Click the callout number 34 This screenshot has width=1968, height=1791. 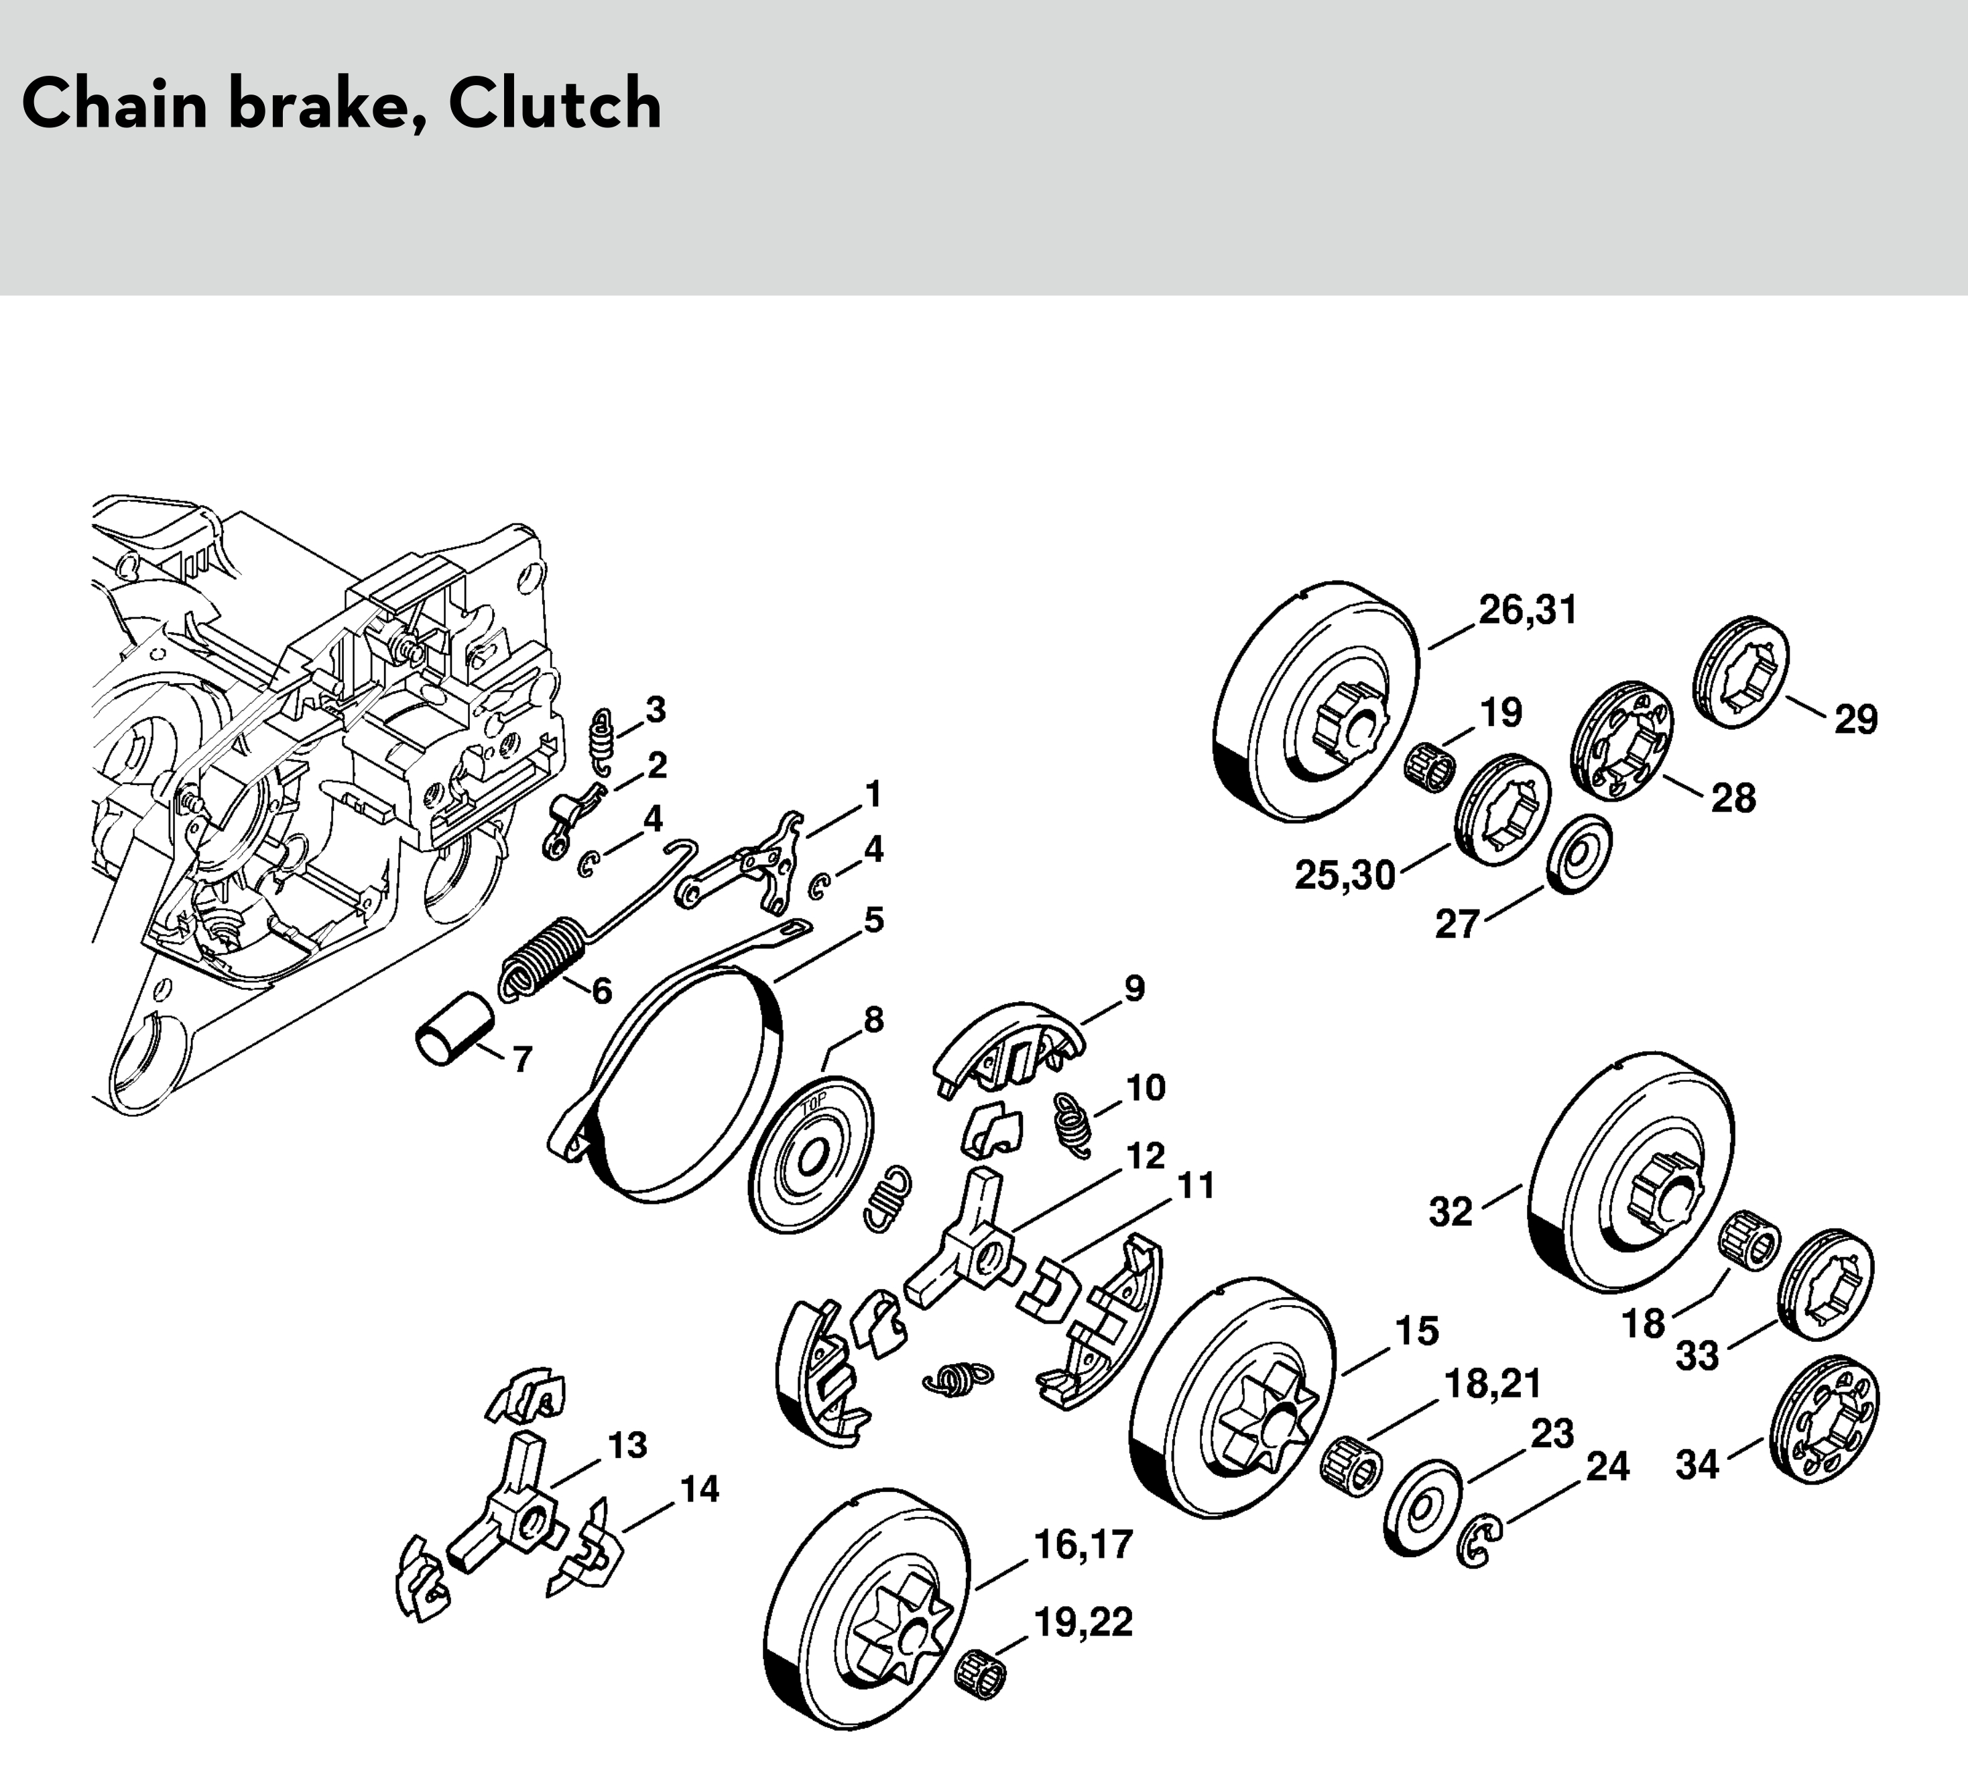(x=1697, y=1465)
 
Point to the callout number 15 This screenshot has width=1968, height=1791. (x=1416, y=1331)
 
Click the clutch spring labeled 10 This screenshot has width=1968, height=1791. (x=1074, y=1124)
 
